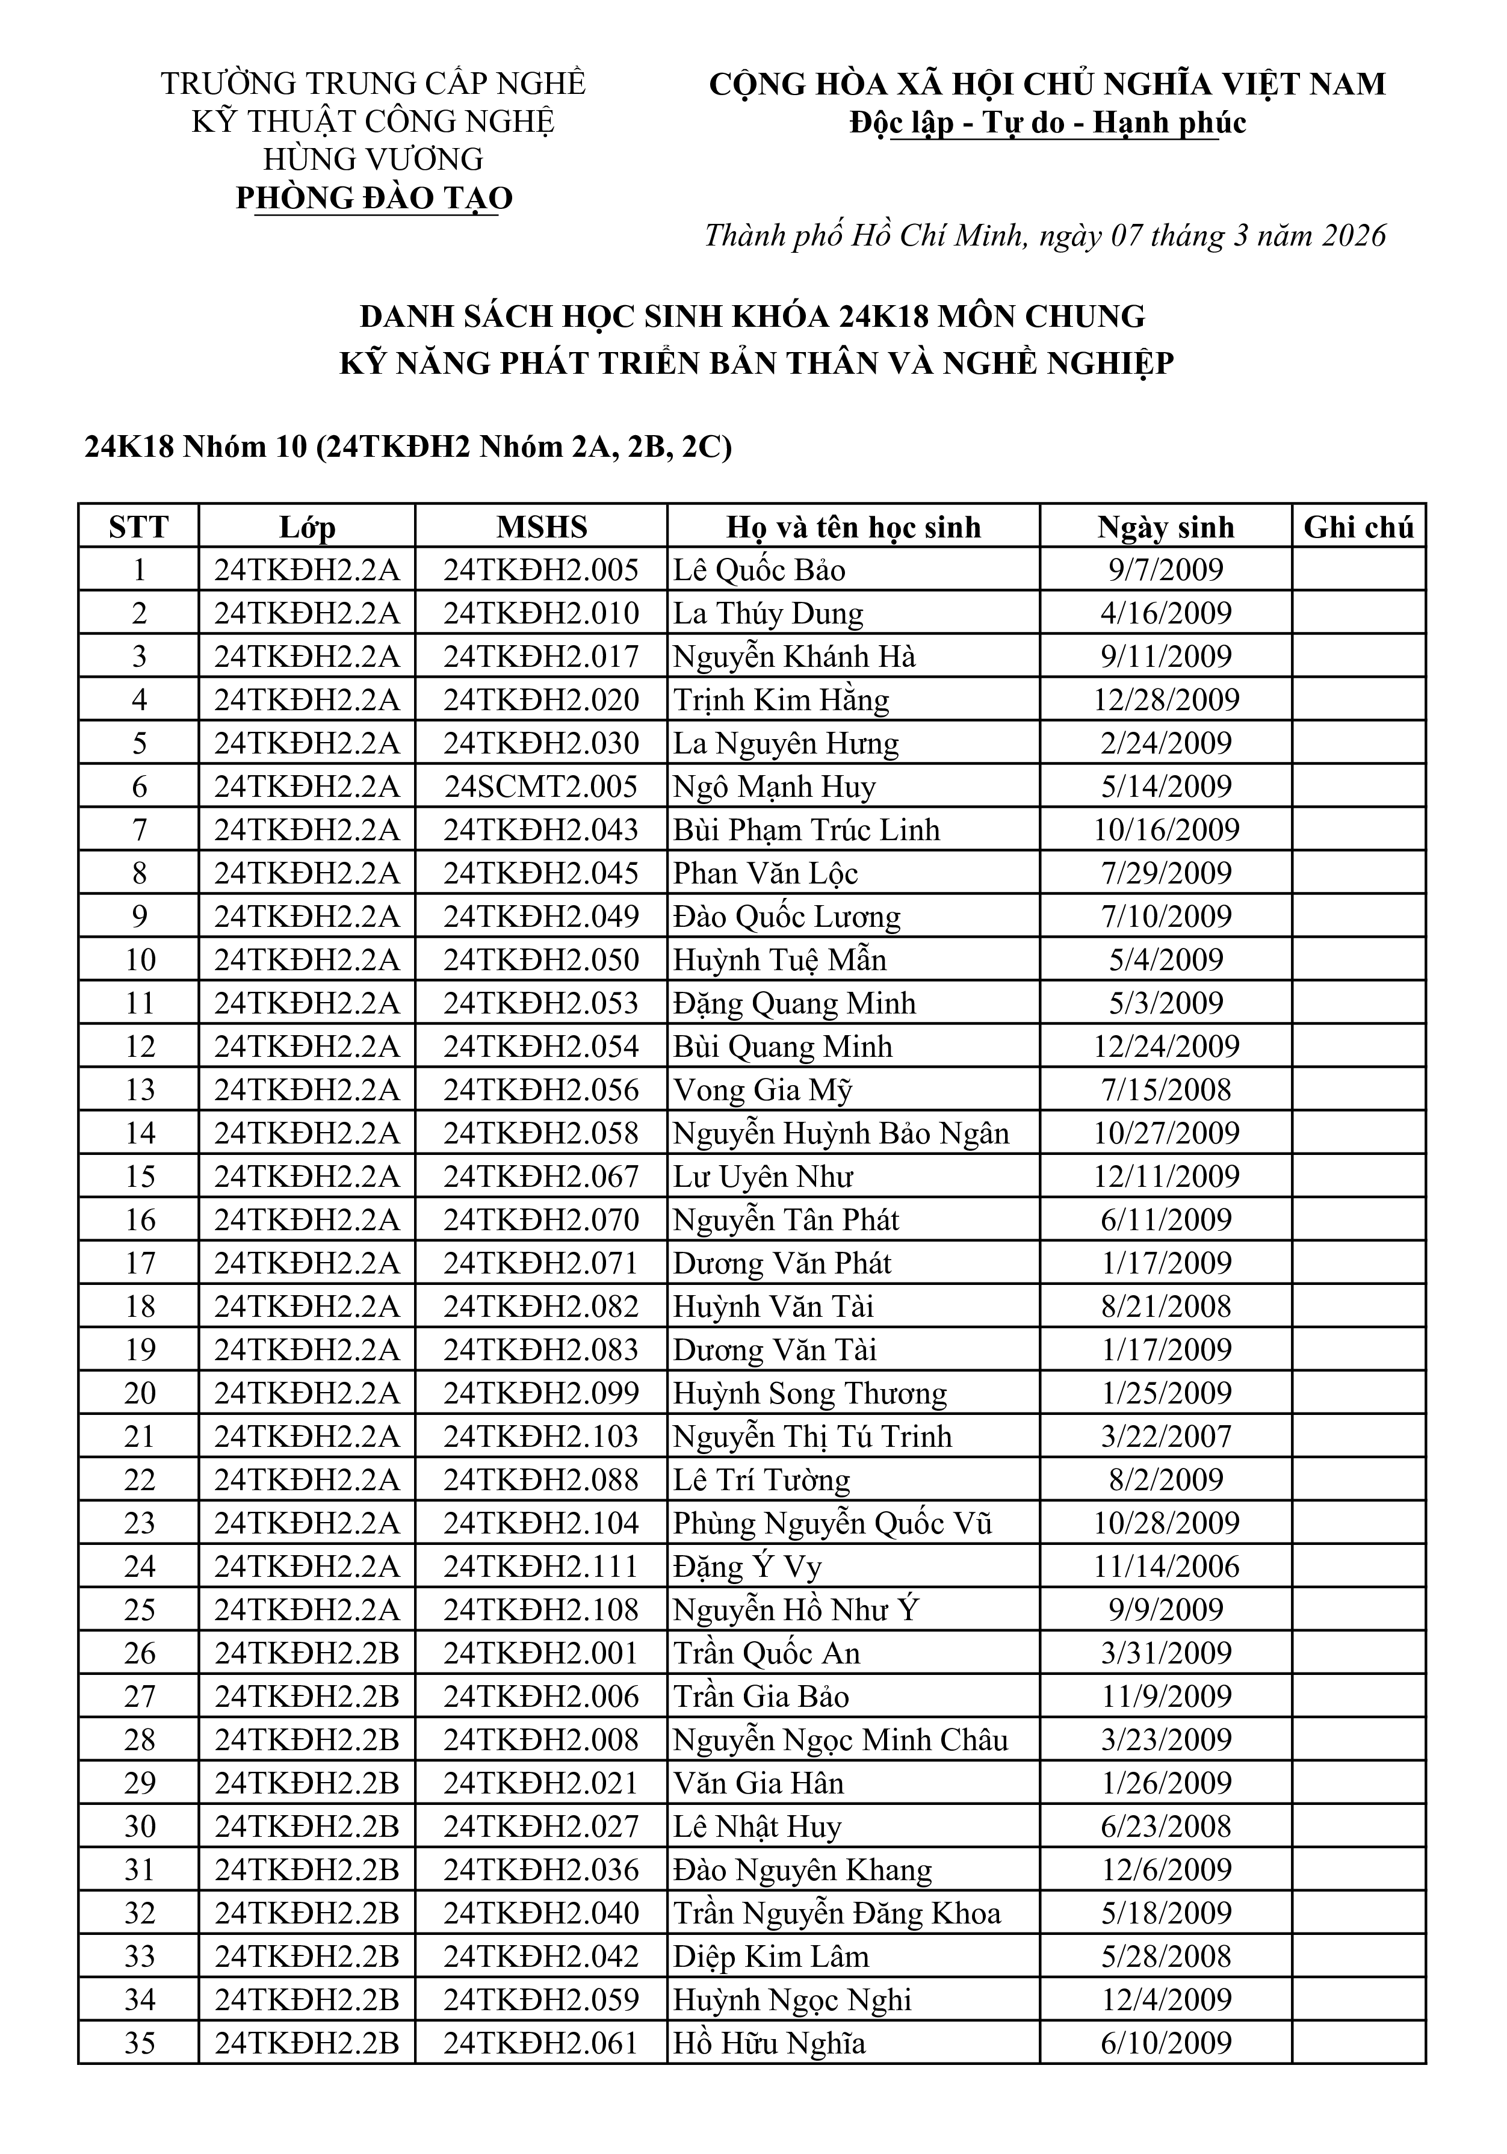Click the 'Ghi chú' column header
[x=1358, y=527]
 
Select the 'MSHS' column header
[x=542, y=527]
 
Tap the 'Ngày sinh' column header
[x=1165, y=527]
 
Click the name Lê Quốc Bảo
[x=759, y=571]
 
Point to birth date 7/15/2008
[x=1165, y=1090]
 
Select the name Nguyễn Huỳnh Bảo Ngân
[x=841, y=1133]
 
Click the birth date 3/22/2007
[x=1165, y=1437]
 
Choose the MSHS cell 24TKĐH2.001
[x=542, y=1653]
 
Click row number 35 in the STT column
[x=139, y=2043]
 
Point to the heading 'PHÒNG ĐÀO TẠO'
[x=374, y=198]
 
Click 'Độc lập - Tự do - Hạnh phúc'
[x=1047, y=123]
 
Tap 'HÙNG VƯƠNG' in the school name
[x=374, y=159]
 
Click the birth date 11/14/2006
[x=1165, y=1567]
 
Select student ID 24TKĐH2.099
[x=542, y=1393]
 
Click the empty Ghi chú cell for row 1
[x=1358, y=571]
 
